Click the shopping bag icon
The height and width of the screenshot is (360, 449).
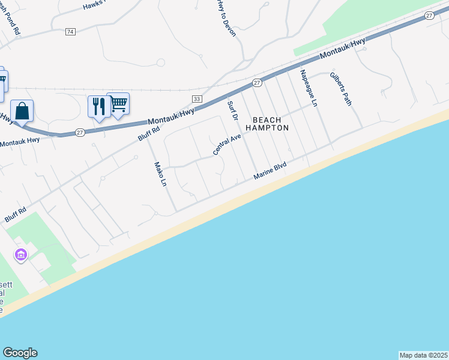(x=22, y=112)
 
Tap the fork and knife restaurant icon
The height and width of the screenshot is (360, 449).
(x=97, y=107)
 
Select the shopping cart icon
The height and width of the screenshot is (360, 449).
(x=118, y=104)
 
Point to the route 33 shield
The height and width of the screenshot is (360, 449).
(x=196, y=98)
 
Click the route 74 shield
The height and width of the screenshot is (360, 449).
(x=71, y=31)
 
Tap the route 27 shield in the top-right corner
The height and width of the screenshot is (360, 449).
(x=429, y=16)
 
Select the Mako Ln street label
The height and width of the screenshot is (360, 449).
(x=159, y=175)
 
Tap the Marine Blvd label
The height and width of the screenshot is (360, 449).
(x=271, y=170)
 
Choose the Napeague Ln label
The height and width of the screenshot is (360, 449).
(x=308, y=88)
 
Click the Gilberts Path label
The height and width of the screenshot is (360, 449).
(x=340, y=89)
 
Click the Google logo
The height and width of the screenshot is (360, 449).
(x=20, y=353)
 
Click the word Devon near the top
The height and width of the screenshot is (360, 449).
(x=231, y=27)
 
